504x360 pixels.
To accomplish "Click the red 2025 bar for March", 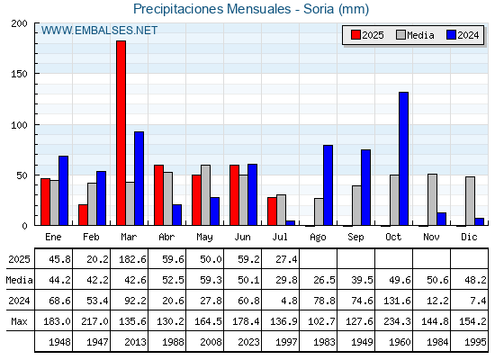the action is point(121,133).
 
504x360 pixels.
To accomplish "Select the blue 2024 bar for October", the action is point(404,158).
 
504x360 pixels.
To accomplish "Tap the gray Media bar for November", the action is point(432,200).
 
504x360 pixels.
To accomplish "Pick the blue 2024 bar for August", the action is point(328,185).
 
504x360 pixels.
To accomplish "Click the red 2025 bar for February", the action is point(83,215).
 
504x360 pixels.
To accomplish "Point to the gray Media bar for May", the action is point(206,195).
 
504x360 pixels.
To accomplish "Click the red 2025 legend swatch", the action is point(355,35).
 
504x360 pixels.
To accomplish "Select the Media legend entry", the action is point(415,35).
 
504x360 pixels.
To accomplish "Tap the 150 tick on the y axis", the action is point(19,74).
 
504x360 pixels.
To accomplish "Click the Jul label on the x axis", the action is point(280,237).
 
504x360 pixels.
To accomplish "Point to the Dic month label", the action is point(469,237).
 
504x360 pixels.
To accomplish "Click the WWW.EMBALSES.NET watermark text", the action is point(99,31).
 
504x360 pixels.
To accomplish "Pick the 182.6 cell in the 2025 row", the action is point(133,259).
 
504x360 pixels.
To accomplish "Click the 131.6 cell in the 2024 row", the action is point(397,301).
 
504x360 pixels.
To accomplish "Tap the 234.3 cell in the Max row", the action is point(397,321).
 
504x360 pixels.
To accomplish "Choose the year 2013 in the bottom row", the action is point(135,342).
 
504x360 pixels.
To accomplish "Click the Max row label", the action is point(19,321).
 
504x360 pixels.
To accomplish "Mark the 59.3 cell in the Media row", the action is point(211,280).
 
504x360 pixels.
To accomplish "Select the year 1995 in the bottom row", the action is point(475,342).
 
